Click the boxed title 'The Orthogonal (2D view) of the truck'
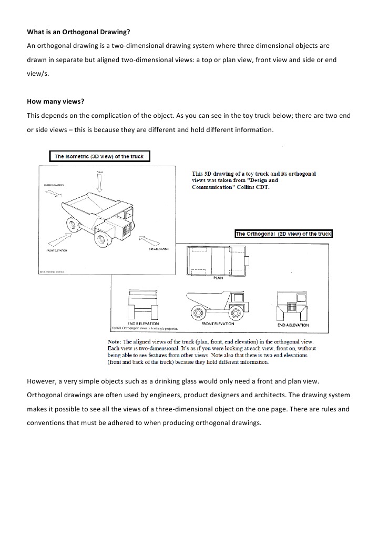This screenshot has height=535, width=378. [x=283, y=234]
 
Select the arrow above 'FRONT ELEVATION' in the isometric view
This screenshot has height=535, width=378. [x=59, y=240]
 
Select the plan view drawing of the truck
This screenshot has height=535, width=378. [x=217, y=261]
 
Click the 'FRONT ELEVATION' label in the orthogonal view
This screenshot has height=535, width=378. [x=217, y=324]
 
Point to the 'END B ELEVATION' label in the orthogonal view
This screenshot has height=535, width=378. [x=142, y=324]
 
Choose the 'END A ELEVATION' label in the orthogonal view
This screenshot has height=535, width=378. [x=293, y=325]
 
